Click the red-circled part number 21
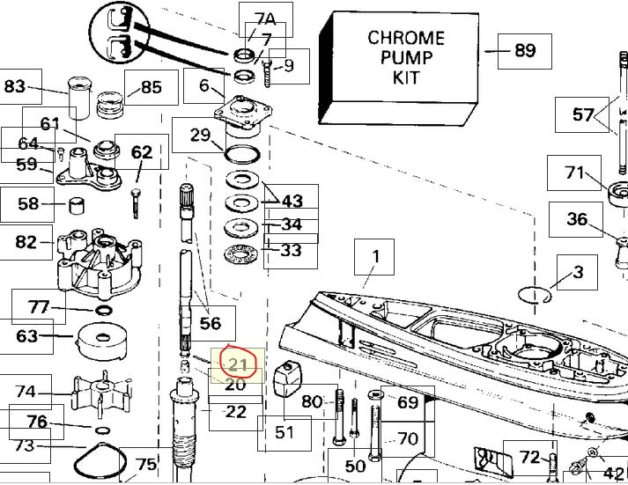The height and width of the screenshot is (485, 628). pos(238,364)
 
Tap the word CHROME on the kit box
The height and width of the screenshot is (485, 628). pos(406,38)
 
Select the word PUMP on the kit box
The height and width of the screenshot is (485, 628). pos(406,57)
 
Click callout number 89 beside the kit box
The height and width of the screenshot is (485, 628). pos(525,51)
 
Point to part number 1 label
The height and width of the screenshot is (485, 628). pos(375,256)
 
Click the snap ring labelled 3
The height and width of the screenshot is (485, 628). pos(535,296)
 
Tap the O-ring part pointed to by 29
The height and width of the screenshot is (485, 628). pos(242,154)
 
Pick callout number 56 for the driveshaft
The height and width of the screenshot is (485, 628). pos(211,323)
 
